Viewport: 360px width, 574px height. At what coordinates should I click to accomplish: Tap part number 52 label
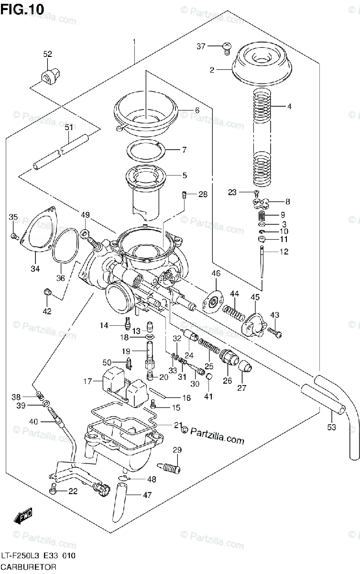[48, 55]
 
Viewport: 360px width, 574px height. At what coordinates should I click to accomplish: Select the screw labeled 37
[227, 46]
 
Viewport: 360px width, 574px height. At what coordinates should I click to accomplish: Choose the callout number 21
[178, 425]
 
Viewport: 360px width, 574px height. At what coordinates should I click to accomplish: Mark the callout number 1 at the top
[134, 43]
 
